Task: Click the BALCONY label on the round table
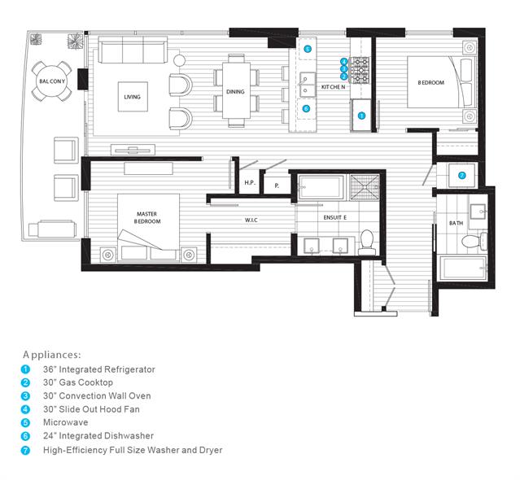coord(52,81)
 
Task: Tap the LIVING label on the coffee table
coord(133,97)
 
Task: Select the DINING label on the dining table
coord(235,91)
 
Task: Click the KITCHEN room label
coord(334,87)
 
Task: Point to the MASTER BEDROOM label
coord(147,217)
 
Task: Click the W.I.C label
coord(251,220)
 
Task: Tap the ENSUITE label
coord(335,217)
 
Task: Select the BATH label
coord(456,223)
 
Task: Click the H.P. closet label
coord(250,183)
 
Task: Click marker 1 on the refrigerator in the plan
coord(361,116)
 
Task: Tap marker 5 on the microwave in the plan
coord(308,50)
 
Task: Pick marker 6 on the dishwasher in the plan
coord(306,108)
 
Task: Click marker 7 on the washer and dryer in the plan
coord(462,176)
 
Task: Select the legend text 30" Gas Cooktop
coord(78,382)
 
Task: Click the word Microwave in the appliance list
coord(66,422)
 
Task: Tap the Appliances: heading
coord(52,355)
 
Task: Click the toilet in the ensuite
coord(367,242)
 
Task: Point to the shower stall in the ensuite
coord(365,187)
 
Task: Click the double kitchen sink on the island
coord(308,85)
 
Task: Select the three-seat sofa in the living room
coord(133,50)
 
